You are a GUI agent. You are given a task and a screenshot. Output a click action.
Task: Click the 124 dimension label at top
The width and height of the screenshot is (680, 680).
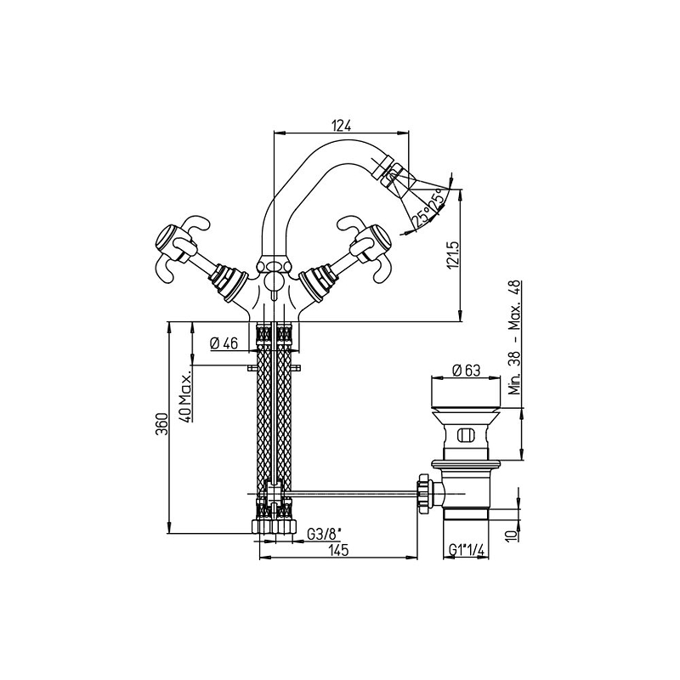(341, 125)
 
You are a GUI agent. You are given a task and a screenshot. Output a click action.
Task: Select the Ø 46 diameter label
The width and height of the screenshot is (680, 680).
(224, 344)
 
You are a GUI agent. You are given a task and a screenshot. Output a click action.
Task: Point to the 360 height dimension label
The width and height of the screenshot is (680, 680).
(161, 427)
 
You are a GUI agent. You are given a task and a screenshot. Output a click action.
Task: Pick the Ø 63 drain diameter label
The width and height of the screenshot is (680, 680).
(466, 371)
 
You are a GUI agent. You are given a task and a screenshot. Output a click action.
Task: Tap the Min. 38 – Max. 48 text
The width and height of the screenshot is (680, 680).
(515, 337)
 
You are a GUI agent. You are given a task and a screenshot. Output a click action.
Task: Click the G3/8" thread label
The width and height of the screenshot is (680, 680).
(325, 535)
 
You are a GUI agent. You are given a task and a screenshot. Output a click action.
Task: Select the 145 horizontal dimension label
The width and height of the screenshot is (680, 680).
(338, 551)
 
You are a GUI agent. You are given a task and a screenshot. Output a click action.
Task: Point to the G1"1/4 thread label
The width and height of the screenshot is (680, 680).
(466, 550)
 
